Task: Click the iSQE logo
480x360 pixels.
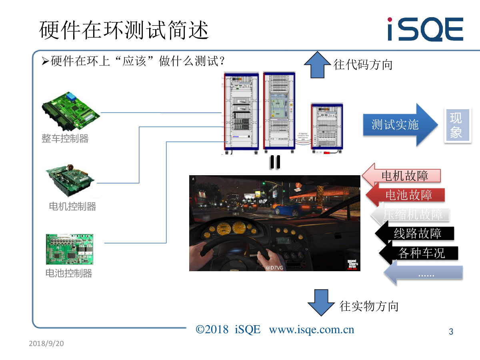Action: coord(425,29)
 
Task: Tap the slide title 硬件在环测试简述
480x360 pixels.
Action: coord(124,30)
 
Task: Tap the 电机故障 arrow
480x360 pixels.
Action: coord(402,176)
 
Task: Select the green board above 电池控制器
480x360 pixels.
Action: coord(70,249)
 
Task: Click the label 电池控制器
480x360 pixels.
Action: coord(69,274)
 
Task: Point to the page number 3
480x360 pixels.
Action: coord(451,332)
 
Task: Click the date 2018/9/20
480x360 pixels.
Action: coord(47,344)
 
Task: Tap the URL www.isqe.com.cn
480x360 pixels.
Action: coord(312,330)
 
